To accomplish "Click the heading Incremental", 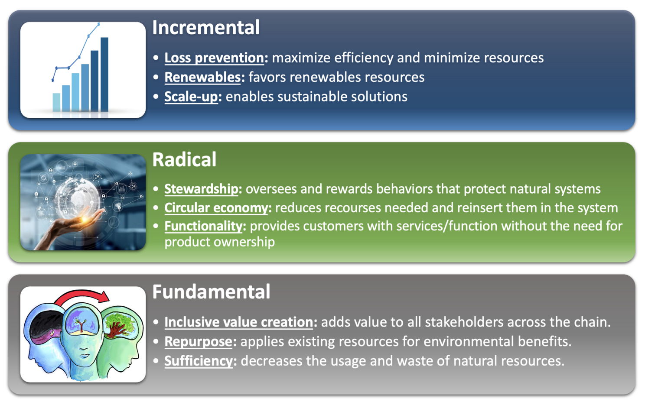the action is (x=206, y=28).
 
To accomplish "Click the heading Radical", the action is (x=184, y=159).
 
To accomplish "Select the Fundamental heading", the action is (x=212, y=292).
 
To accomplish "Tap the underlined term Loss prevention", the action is (x=214, y=58).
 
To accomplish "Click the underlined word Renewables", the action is (x=202, y=77).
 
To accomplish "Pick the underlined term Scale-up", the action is (x=191, y=97).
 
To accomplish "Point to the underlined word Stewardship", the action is (x=201, y=189).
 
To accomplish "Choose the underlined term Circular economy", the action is (x=216, y=208).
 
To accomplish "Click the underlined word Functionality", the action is (x=204, y=227).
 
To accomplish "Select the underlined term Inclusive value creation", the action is (x=239, y=322).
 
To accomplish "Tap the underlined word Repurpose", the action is (x=199, y=342).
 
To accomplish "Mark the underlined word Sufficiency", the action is (x=199, y=361).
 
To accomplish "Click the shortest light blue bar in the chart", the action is (x=56, y=102).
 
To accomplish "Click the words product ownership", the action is (x=219, y=242).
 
